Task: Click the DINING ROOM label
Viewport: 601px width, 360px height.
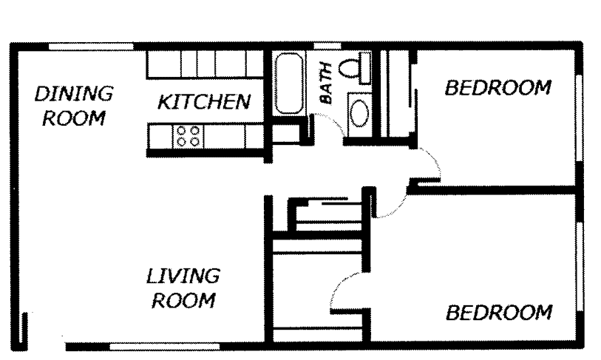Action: coord(72,106)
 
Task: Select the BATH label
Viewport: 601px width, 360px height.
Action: coord(325,88)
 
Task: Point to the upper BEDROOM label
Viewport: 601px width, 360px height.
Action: coord(498,88)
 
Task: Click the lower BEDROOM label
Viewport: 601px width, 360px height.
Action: coord(498,312)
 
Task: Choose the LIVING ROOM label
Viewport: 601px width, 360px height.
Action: coord(182,289)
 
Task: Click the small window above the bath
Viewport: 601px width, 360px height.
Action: coord(323,46)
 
